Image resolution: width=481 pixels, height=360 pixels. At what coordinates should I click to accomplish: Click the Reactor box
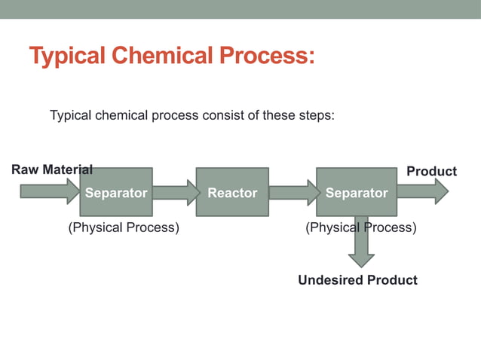coord(232,192)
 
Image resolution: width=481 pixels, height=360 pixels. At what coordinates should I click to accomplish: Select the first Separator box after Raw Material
coord(116,192)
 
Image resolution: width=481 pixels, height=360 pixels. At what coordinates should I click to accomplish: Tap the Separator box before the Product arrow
coord(356,192)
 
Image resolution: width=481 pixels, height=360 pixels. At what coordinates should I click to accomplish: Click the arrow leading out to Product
coord(421,191)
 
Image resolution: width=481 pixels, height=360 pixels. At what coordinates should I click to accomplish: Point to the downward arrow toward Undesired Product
coord(361,243)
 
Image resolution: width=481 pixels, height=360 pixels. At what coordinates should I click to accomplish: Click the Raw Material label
coord(52,170)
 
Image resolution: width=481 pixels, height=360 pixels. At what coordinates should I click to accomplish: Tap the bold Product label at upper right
coord(431,172)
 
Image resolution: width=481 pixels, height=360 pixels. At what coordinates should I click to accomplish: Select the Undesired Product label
coord(357,280)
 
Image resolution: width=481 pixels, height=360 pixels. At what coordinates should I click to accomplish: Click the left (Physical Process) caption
coord(124,227)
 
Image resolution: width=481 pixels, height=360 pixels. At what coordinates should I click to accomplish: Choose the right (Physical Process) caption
coord(360,227)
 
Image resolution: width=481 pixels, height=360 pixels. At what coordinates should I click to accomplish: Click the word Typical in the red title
coord(70,56)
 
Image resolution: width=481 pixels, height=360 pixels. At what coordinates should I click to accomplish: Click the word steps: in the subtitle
coord(316,116)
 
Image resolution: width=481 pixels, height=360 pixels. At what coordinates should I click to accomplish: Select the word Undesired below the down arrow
coord(329,280)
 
